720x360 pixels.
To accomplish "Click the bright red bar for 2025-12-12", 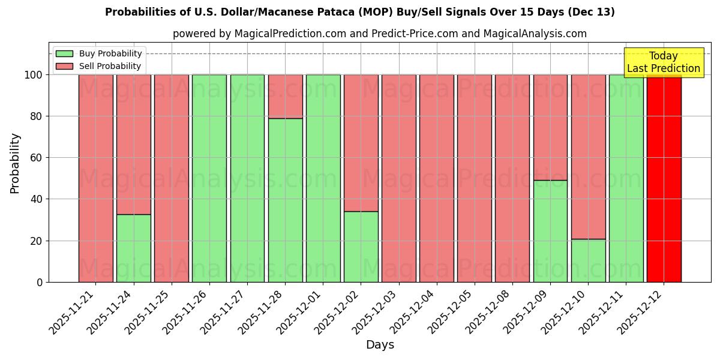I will pyautogui.click(x=664, y=178).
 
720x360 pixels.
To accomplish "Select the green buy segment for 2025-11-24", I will pyautogui.click(x=133, y=248).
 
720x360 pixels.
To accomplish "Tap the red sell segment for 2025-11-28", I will pyautogui.click(x=285, y=96).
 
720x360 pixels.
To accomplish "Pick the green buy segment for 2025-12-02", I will pyautogui.click(x=361, y=247).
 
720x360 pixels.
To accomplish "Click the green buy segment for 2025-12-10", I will pyautogui.click(x=588, y=260).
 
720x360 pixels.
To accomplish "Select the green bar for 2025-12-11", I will pyautogui.click(x=626, y=178).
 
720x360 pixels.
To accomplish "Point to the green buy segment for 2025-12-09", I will pyautogui.click(x=550, y=231).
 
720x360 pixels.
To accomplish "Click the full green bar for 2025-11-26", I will pyautogui.click(x=209, y=178).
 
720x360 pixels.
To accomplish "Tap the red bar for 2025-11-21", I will pyautogui.click(x=95, y=178).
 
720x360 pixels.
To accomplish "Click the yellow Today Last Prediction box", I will pyautogui.click(x=663, y=62).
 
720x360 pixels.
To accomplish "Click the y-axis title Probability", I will pyautogui.click(x=15, y=163).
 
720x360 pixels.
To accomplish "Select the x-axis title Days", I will pyautogui.click(x=380, y=345).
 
